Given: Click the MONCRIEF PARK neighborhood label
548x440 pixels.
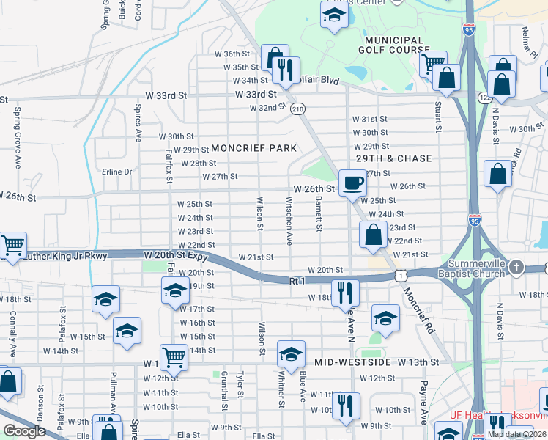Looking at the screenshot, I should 253,148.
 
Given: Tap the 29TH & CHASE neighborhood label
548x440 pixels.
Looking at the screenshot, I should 394,158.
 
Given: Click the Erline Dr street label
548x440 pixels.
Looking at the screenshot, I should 116,172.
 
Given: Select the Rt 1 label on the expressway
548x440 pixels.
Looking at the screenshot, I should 296,281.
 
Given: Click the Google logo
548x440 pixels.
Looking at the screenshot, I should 24,431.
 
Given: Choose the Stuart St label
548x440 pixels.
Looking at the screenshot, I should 439,115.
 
